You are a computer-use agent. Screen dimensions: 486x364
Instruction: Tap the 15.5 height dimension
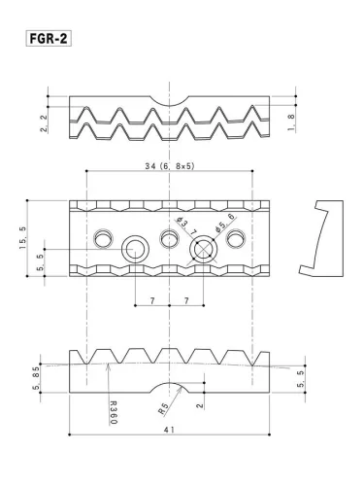[x=22, y=237]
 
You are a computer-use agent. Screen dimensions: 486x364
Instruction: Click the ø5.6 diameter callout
[x=226, y=226]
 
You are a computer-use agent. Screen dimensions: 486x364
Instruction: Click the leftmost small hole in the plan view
[x=102, y=239]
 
